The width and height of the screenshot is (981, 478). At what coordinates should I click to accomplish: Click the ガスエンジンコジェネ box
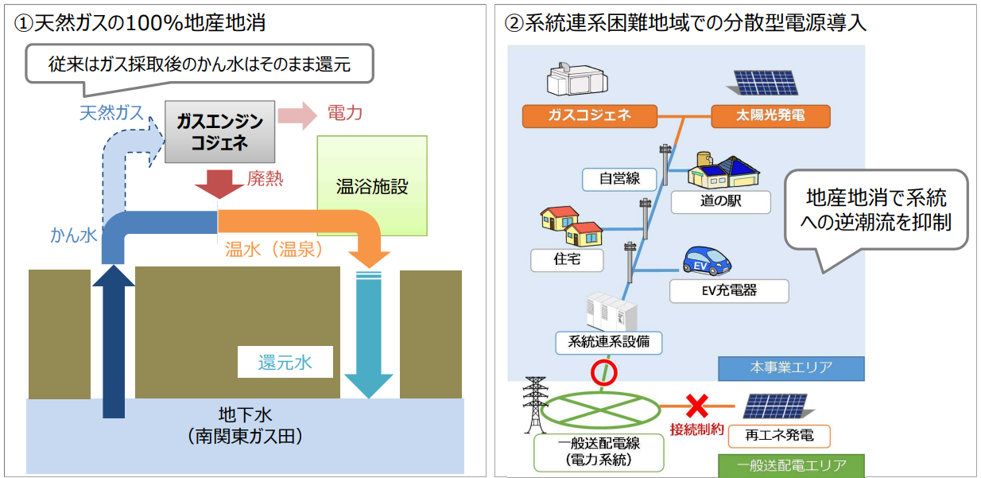(x=219, y=131)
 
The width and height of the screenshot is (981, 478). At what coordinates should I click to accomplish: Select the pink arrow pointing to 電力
(x=296, y=115)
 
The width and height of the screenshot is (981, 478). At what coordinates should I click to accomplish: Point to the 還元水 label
(x=284, y=363)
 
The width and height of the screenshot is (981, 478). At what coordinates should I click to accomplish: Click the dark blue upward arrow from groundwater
(x=114, y=342)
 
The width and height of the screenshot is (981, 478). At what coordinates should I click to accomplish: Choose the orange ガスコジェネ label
(x=589, y=115)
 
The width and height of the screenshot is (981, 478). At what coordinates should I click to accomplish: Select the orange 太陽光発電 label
(x=770, y=115)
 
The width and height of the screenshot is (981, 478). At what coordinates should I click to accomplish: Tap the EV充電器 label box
(x=728, y=290)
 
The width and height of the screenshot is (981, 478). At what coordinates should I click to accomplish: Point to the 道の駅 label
(x=720, y=201)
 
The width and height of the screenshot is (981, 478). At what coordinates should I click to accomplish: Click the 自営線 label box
(x=621, y=178)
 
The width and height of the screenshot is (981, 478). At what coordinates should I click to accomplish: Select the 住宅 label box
(x=567, y=258)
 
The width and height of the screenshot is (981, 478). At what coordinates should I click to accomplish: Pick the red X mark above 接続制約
(x=696, y=407)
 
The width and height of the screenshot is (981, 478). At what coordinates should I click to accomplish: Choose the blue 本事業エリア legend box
(x=790, y=367)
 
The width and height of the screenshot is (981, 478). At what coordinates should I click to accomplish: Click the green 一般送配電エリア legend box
(x=790, y=465)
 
